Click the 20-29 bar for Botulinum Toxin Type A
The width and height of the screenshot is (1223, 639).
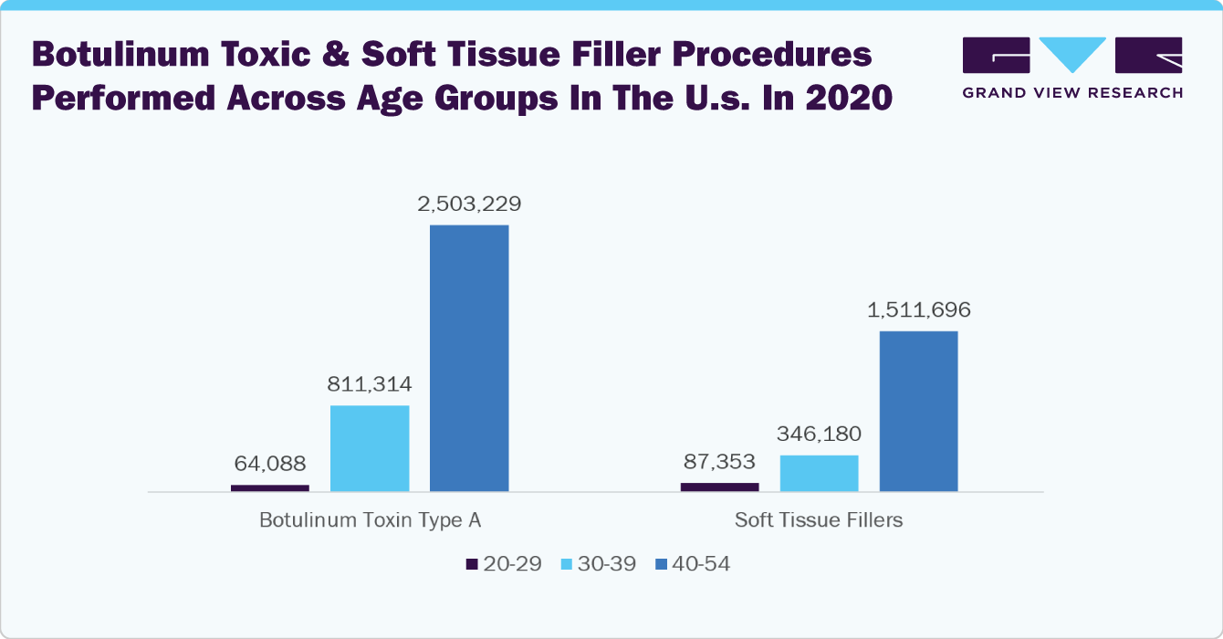(x=270, y=488)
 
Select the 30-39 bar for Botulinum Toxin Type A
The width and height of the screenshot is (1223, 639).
(x=370, y=448)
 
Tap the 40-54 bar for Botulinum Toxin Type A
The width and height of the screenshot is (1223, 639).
(x=469, y=358)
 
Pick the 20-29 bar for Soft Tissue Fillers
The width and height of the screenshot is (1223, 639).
(x=719, y=487)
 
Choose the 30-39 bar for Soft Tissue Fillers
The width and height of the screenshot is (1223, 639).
(x=819, y=474)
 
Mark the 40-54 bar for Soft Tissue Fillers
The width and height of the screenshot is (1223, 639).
(x=918, y=412)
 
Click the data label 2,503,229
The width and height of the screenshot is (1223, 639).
(x=469, y=204)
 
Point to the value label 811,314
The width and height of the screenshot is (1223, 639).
(x=370, y=384)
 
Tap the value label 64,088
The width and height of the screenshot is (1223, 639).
(x=270, y=464)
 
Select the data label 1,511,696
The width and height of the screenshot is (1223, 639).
(x=919, y=310)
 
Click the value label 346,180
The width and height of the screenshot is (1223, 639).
(x=819, y=435)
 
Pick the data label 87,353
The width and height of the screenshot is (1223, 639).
(x=719, y=462)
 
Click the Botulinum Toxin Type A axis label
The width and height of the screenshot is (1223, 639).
(x=371, y=520)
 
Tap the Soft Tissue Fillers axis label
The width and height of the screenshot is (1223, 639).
(x=819, y=520)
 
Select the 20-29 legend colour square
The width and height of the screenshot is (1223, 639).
(x=472, y=564)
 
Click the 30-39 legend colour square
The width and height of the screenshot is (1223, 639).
(x=567, y=564)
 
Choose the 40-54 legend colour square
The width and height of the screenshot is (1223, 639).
(x=661, y=564)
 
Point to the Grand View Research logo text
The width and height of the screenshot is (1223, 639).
(x=1072, y=93)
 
